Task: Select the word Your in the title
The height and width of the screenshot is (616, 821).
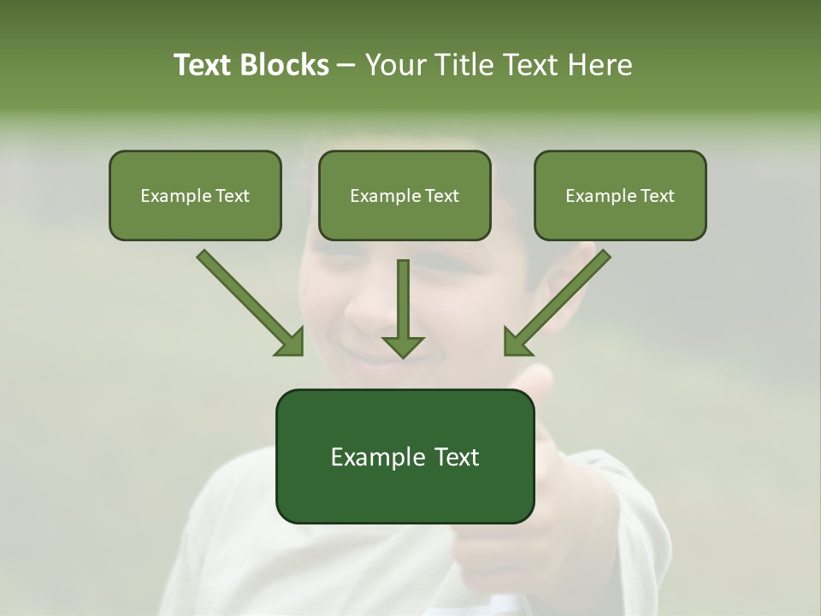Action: tap(393, 65)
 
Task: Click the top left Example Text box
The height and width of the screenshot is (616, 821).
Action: tap(195, 195)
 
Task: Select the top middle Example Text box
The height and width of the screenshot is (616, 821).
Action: tap(405, 195)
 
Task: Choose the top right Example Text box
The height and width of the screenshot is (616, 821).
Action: tap(620, 195)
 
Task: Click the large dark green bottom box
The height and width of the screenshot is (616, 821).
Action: tap(405, 456)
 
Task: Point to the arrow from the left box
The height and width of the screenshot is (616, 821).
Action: tap(248, 301)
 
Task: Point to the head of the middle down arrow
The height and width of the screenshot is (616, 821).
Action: tap(403, 346)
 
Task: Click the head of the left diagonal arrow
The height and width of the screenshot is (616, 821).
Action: tap(291, 343)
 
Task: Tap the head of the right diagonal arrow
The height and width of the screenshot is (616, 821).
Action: tap(517, 342)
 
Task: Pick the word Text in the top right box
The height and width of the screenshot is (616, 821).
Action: tap(657, 196)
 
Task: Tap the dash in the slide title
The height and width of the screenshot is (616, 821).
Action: tap(346, 66)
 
